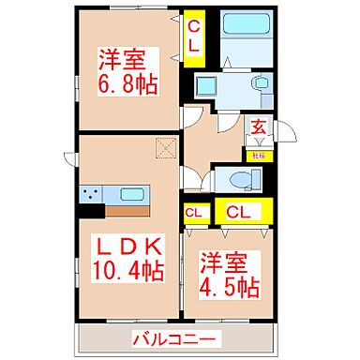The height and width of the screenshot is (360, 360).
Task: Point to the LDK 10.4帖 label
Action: pos(128,260)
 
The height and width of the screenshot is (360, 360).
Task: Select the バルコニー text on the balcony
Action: pos(174,337)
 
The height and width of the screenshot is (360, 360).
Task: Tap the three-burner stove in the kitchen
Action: pos(93,196)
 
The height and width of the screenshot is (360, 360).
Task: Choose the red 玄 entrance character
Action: pos(258,126)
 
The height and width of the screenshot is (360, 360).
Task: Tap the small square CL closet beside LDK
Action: pos(195,213)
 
